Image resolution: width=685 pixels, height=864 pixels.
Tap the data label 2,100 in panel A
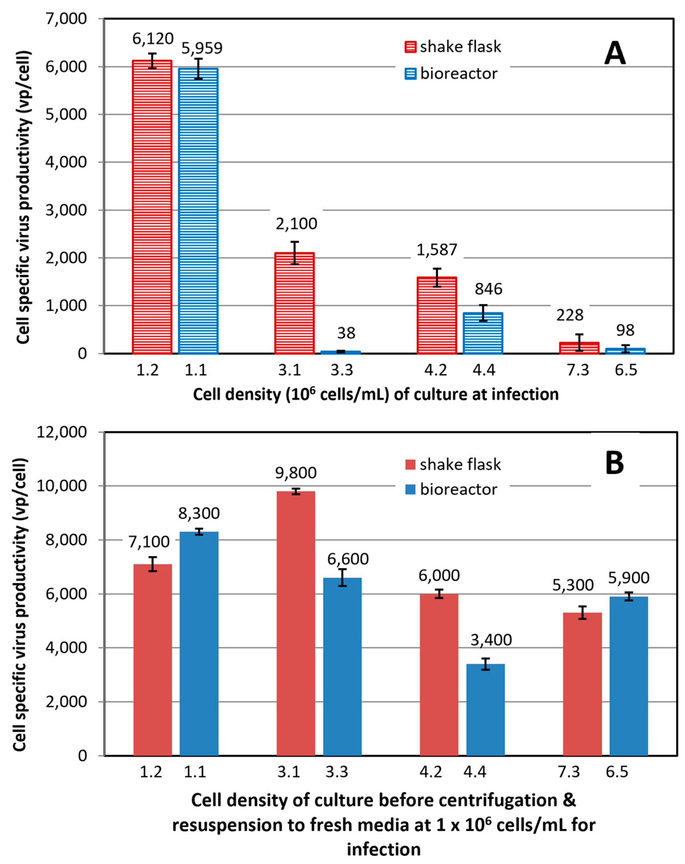click(296, 224)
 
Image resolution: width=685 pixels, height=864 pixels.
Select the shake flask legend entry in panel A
click(453, 47)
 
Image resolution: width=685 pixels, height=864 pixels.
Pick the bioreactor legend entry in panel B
click(451, 489)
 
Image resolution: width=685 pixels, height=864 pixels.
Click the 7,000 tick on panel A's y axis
click(66, 19)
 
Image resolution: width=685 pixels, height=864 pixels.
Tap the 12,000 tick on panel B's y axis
click(62, 432)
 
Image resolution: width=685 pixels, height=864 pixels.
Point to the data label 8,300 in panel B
click(199, 513)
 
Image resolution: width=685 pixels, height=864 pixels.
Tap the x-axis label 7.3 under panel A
click(578, 370)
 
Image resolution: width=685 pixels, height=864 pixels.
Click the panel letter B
click(614, 463)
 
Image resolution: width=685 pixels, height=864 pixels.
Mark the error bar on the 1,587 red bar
click(437, 277)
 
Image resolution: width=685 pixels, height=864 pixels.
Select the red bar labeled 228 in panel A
click(579, 347)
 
